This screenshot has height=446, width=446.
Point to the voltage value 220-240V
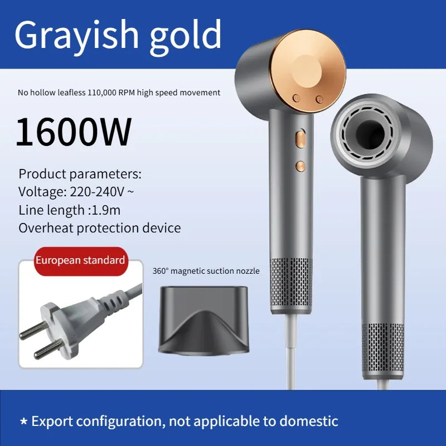click(98, 192)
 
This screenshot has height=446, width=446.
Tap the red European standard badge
click(80, 260)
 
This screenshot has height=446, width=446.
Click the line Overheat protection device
click(100, 228)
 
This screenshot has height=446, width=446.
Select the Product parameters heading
click(80, 174)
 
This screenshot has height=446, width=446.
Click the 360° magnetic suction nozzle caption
click(206, 271)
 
